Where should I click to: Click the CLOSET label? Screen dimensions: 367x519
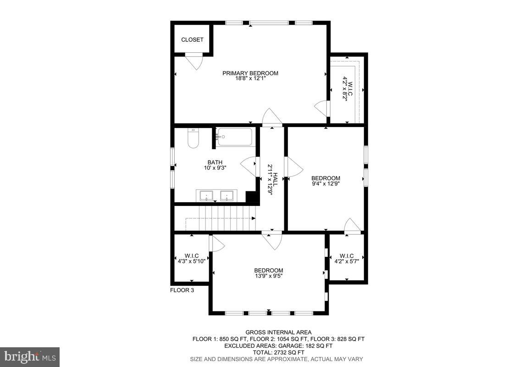(192, 40)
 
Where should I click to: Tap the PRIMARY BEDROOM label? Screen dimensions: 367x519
(250, 73)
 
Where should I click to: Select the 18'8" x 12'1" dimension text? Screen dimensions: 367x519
(250, 79)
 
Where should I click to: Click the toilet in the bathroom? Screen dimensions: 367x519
(193, 138)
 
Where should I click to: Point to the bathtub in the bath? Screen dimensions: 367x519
(235, 137)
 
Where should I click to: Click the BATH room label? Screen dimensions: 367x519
(215, 162)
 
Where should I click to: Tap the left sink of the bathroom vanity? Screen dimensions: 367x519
(207, 196)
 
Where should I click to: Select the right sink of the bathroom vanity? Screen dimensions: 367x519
(227, 196)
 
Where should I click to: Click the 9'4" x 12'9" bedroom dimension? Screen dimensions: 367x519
(326, 184)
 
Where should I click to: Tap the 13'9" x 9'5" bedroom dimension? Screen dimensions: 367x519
(269, 276)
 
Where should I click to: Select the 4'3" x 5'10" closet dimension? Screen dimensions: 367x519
(192, 261)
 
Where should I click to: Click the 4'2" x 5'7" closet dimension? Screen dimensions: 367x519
(347, 261)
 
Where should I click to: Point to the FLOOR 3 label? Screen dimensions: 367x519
(182, 290)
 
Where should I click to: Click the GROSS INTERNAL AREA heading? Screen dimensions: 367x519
(278, 332)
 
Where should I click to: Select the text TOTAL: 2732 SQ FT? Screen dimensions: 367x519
(278, 352)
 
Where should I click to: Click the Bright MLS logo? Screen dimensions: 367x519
(30, 356)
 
